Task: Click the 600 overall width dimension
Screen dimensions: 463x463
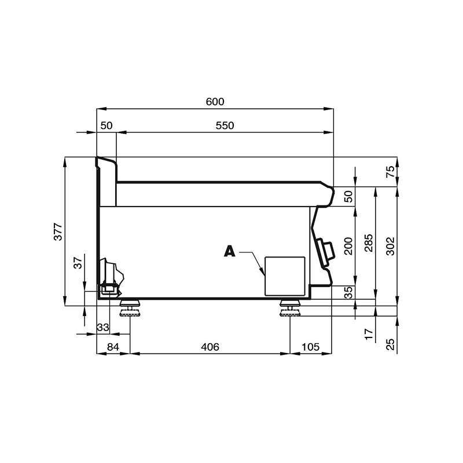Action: pos(215,101)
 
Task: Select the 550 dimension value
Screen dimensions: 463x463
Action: pos(225,126)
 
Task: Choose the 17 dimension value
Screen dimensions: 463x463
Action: pos(369,334)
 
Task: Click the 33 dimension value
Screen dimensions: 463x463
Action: pos(102,327)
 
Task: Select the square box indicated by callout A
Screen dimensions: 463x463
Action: pos(284,275)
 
